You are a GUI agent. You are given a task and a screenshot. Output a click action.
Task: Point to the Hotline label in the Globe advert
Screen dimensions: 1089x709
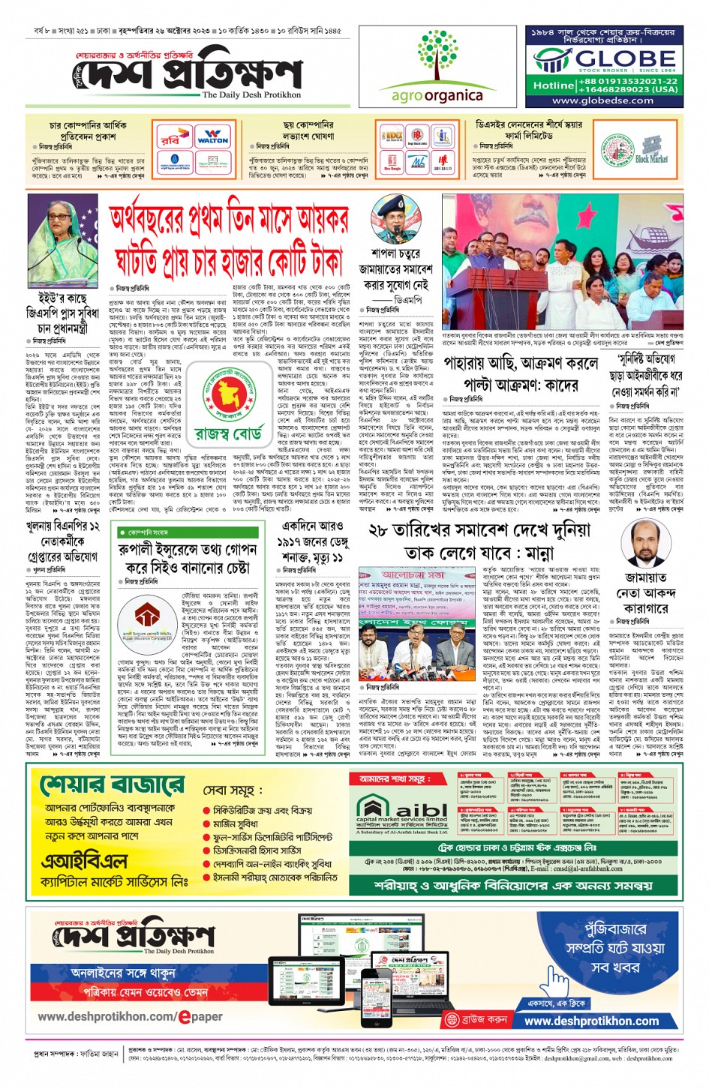pyautogui.click(x=553, y=85)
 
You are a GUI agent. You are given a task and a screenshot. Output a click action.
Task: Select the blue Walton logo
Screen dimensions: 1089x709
pyautogui.click(x=212, y=138)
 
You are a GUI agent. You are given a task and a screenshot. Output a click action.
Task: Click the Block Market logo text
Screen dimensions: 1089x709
pyautogui.click(x=651, y=159)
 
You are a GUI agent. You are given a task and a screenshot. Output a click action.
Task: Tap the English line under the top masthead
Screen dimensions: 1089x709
pyautogui.click(x=251, y=95)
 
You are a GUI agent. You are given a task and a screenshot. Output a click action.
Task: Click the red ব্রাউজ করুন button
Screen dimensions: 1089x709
pyautogui.click(x=478, y=1020)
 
